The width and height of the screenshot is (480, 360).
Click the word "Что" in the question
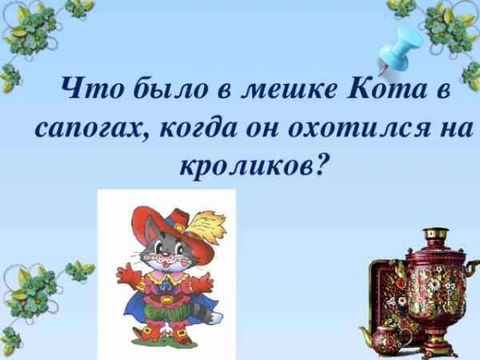point(93,88)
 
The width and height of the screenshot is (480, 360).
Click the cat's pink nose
point(166,254)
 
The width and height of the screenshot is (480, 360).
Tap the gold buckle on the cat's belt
point(166,298)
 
